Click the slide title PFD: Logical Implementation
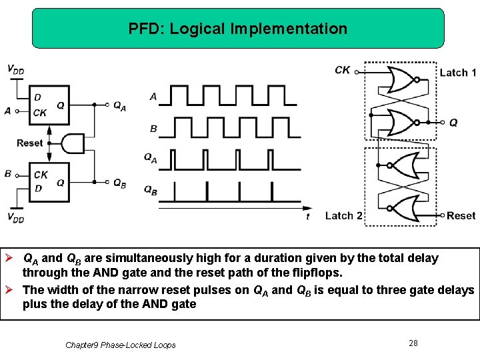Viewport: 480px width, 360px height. [238, 29]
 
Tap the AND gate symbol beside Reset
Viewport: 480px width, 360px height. [73, 143]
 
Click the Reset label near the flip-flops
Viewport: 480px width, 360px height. [30, 143]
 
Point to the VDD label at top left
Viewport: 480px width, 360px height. [16, 69]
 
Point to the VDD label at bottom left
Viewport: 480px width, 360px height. [16, 217]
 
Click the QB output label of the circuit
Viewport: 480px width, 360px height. [119, 183]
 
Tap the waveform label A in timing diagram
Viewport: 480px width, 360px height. [153, 97]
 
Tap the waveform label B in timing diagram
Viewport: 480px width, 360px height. [153, 127]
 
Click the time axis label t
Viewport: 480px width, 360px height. [307, 216]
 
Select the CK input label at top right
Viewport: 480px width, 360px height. [343, 69]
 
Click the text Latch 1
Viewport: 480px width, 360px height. [458, 73]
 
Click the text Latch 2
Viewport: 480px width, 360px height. [343, 215]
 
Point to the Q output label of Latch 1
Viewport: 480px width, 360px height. [453, 123]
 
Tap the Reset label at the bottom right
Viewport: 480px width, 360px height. [461, 215]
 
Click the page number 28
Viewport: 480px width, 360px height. [413, 343]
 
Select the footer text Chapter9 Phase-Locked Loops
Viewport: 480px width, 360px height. [121, 345]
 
